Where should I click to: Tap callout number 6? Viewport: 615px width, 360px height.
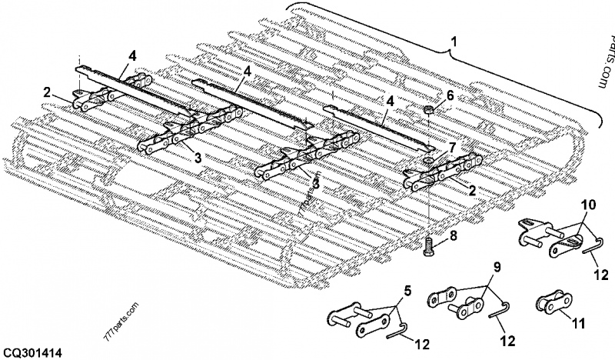point(450,96)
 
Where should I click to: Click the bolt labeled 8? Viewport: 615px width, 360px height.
point(429,246)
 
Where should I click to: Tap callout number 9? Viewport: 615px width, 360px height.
point(497,268)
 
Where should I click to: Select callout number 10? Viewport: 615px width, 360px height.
point(587,206)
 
